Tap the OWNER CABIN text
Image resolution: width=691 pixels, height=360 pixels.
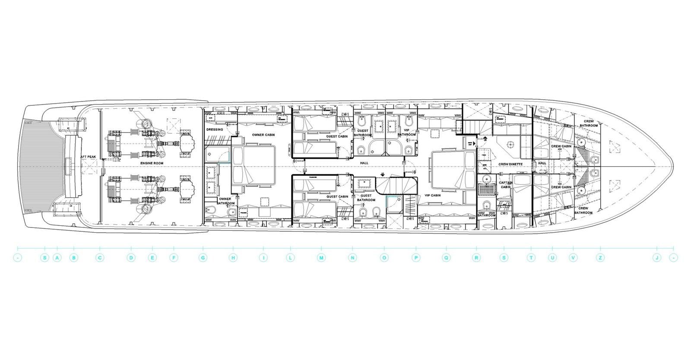[263, 135]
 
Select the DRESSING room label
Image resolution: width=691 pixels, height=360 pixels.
[215, 129]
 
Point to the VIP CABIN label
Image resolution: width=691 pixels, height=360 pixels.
[433, 195]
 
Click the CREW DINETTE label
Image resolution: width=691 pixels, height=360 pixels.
[510, 164]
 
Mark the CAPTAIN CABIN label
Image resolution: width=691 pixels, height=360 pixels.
[505, 185]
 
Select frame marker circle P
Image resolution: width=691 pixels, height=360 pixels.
[416, 258]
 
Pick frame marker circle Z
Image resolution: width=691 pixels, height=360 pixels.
[600, 258]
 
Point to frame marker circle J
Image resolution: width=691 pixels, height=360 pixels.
[656, 258]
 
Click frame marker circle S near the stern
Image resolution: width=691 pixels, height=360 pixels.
[44, 258]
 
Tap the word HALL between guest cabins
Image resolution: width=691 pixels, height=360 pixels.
[364, 163]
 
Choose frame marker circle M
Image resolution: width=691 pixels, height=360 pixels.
[321, 258]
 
